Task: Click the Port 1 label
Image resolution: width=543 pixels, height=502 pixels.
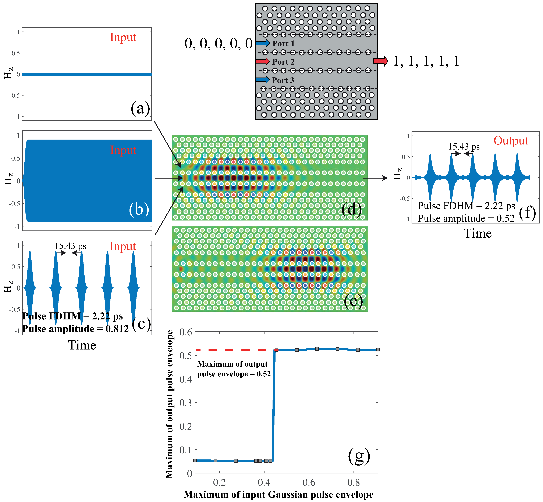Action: point(283,43)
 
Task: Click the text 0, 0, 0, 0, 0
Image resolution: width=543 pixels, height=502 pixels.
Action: point(218,43)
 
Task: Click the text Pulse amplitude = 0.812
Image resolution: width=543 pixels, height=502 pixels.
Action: point(76,329)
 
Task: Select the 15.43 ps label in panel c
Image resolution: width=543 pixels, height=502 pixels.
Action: point(70,246)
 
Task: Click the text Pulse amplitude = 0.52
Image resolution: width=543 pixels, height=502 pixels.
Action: point(466,218)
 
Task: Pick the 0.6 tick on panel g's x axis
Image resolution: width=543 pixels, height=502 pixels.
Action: point(309,483)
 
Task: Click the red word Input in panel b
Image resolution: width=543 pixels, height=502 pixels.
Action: point(123,150)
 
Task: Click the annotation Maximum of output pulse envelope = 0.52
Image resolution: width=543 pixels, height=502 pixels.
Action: point(234,369)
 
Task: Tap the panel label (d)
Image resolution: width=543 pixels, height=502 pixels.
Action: point(351,209)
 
